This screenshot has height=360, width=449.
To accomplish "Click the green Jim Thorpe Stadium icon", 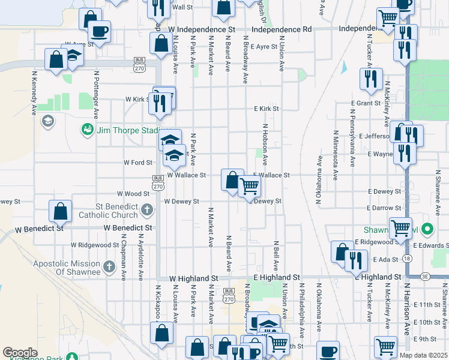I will [88, 130].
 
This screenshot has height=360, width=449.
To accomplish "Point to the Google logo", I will [20, 353].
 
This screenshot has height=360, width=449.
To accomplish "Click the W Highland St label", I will [193, 278].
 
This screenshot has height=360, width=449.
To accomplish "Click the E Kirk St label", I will [267, 109].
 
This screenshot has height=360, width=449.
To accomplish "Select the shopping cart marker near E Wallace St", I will [249, 185].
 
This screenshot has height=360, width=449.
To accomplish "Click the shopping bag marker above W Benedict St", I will [60, 211].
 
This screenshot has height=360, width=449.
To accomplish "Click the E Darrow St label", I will [384, 208].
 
